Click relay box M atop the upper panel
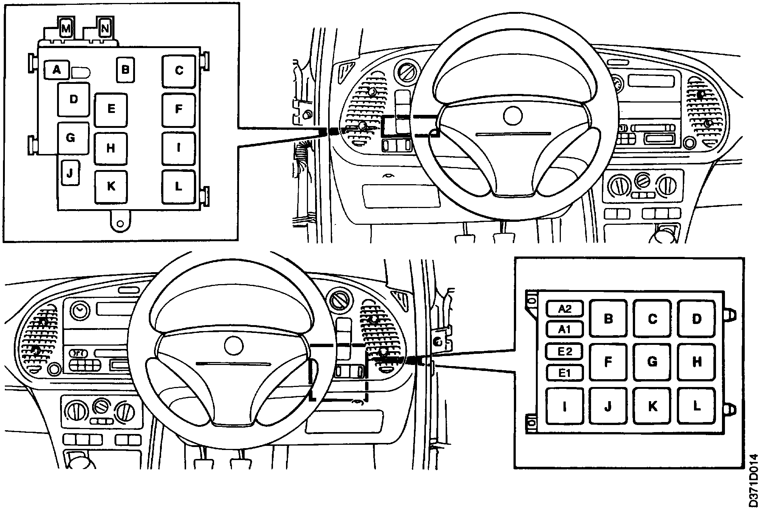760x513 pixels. coord(66,29)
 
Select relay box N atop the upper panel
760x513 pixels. coord(105,28)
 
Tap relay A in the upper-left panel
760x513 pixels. coord(56,70)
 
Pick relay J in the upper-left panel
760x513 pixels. coord(70,173)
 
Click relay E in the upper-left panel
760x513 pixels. coord(111,110)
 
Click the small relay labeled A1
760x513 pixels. coord(565,330)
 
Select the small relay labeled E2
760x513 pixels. coord(565,351)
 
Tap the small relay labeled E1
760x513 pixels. coord(565,372)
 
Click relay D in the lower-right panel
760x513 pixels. coord(696,319)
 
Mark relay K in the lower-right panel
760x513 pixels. coord(652,406)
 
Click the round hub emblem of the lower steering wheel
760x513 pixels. coord(234,345)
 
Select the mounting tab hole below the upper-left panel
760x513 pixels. coord(120,224)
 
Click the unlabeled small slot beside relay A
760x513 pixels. coord(81,72)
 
